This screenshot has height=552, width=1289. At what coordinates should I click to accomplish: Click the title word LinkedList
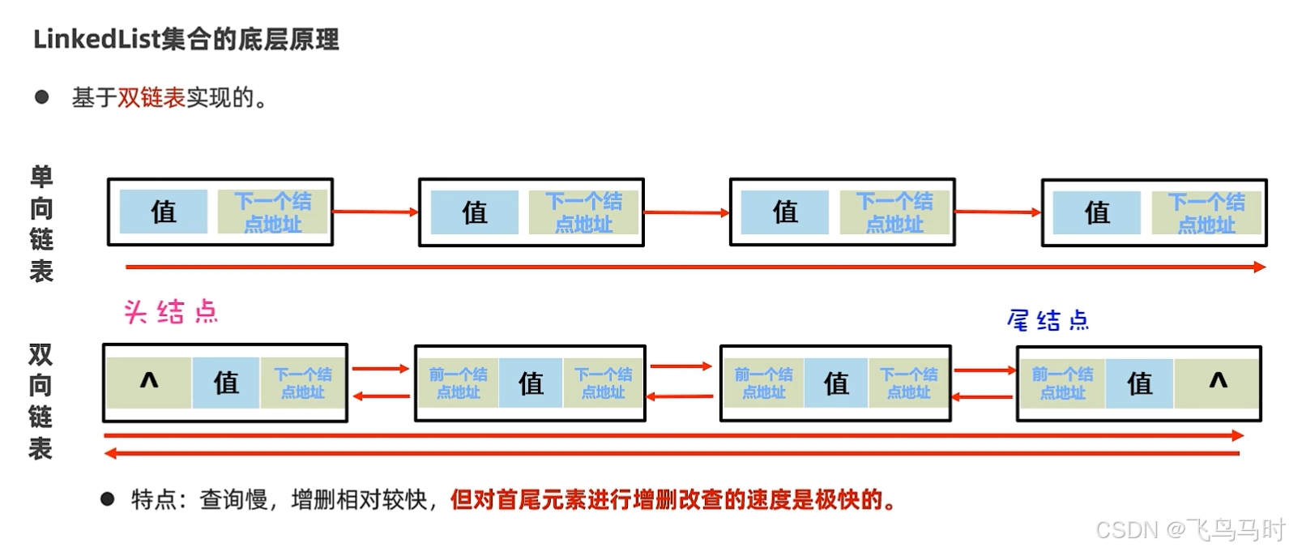pyautogui.click(x=96, y=39)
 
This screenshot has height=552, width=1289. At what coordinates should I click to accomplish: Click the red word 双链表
pyautogui.click(x=152, y=98)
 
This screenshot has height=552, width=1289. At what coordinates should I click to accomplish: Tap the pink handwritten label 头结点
pyautogui.click(x=171, y=311)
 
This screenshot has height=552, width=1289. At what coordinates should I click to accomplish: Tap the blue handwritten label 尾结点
pyautogui.click(x=1048, y=320)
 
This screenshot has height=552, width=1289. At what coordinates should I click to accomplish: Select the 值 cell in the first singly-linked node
pyautogui.click(x=163, y=212)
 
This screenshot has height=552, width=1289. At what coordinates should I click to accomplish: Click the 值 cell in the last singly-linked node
pyautogui.click(x=1096, y=212)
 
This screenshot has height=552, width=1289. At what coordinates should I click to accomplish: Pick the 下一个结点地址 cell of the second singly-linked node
pyautogui.click(x=583, y=212)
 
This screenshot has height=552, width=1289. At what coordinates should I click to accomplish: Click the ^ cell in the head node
pyautogui.click(x=149, y=382)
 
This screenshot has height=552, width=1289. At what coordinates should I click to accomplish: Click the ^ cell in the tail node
pyautogui.click(x=1218, y=382)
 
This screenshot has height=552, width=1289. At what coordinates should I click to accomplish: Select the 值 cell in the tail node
pyautogui.click(x=1139, y=383)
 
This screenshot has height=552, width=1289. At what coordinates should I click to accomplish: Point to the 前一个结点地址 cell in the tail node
pyautogui.click(x=1062, y=383)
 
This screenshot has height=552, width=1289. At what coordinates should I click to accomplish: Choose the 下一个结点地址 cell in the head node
pyautogui.click(x=302, y=383)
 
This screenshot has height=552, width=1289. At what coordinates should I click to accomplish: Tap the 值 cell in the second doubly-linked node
pyautogui.click(x=531, y=383)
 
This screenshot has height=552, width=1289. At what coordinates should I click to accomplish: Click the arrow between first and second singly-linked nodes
pyautogui.click(x=375, y=212)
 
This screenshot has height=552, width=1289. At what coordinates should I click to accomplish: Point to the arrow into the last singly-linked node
pyautogui.click(x=998, y=212)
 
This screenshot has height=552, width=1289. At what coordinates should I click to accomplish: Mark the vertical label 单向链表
pyautogui.click(x=41, y=224)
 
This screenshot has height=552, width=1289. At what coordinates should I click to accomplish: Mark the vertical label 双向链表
pyautogui.click(x=41, y=401)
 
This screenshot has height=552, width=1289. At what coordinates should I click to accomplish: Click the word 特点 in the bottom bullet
pyautogui.click(x=153, y=499)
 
